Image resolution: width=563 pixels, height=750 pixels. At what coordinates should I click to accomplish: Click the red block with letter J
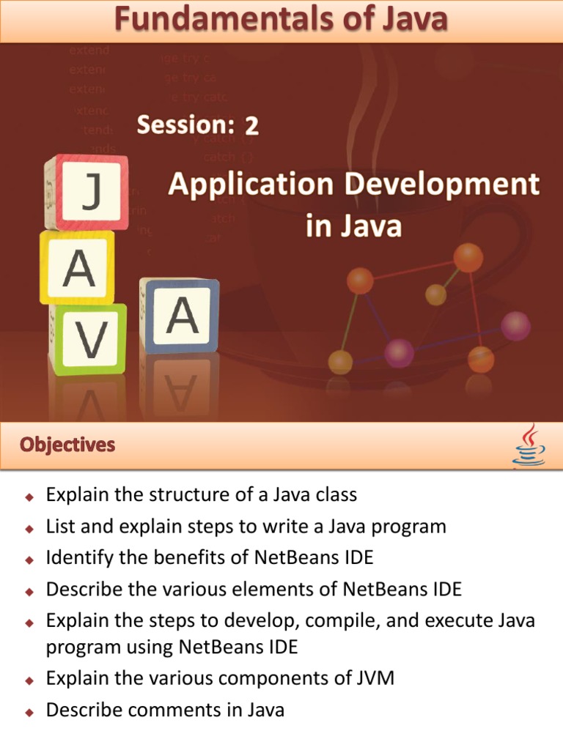[87, 192]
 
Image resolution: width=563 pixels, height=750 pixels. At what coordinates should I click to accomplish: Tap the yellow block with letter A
[78, 267]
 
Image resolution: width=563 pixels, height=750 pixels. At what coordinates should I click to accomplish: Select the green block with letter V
[89, 338]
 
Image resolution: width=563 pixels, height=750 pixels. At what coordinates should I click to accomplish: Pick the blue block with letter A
[180, 316]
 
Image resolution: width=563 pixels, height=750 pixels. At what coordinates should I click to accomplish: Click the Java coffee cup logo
[528, 445]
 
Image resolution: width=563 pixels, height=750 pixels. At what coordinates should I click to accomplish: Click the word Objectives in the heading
[67, 445]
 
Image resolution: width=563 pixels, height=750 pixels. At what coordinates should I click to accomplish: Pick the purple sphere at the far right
[515, 325]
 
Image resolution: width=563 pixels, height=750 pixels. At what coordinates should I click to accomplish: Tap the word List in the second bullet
[59, 526]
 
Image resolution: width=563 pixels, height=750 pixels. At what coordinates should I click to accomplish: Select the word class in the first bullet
[334, 494]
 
